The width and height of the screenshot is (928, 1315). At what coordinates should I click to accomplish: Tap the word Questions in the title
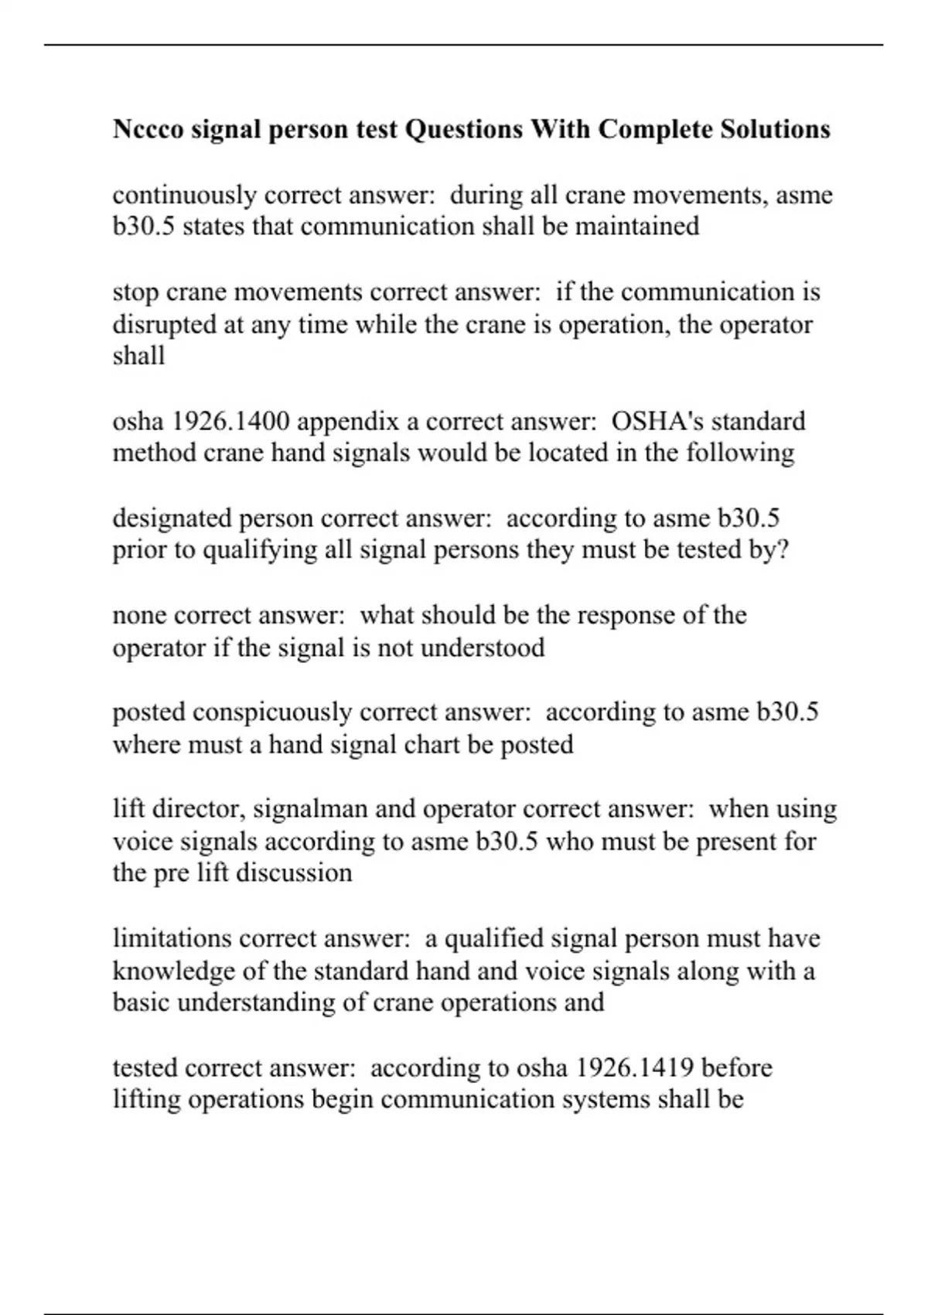click(464, 128)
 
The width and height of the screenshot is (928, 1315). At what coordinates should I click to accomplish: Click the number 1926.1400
click(230, 421)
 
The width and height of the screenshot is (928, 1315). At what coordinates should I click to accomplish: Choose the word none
click(141, 615)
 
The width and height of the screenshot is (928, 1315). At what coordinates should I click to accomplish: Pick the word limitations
click(172, 938)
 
